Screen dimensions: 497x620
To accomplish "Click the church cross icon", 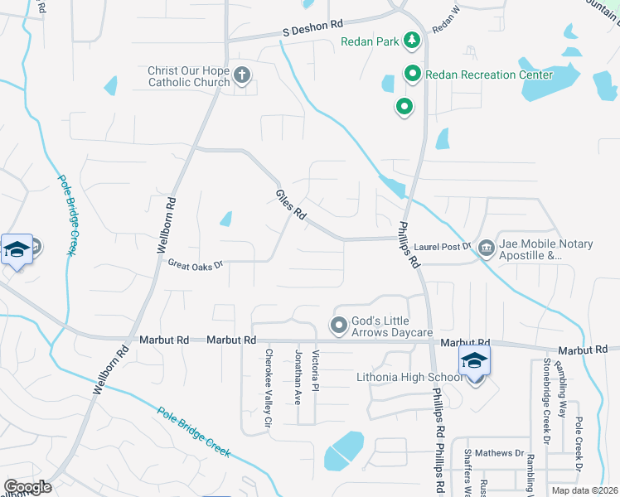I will pos(241,76).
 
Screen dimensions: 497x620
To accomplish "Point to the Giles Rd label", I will pos(292,205).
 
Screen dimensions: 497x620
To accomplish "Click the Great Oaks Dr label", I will pos(196,265).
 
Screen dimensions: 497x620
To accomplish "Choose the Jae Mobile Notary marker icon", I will pos(486,246).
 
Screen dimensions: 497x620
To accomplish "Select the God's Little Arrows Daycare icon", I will pos(338,326).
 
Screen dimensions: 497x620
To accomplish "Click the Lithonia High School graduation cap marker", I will pos(475,361).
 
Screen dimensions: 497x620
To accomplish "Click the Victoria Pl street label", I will pos(315,370).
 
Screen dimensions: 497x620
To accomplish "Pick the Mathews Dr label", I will pos(506,453).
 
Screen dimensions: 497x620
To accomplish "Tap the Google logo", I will pos(27,487).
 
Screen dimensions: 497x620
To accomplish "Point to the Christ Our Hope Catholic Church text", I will pos(189,77).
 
